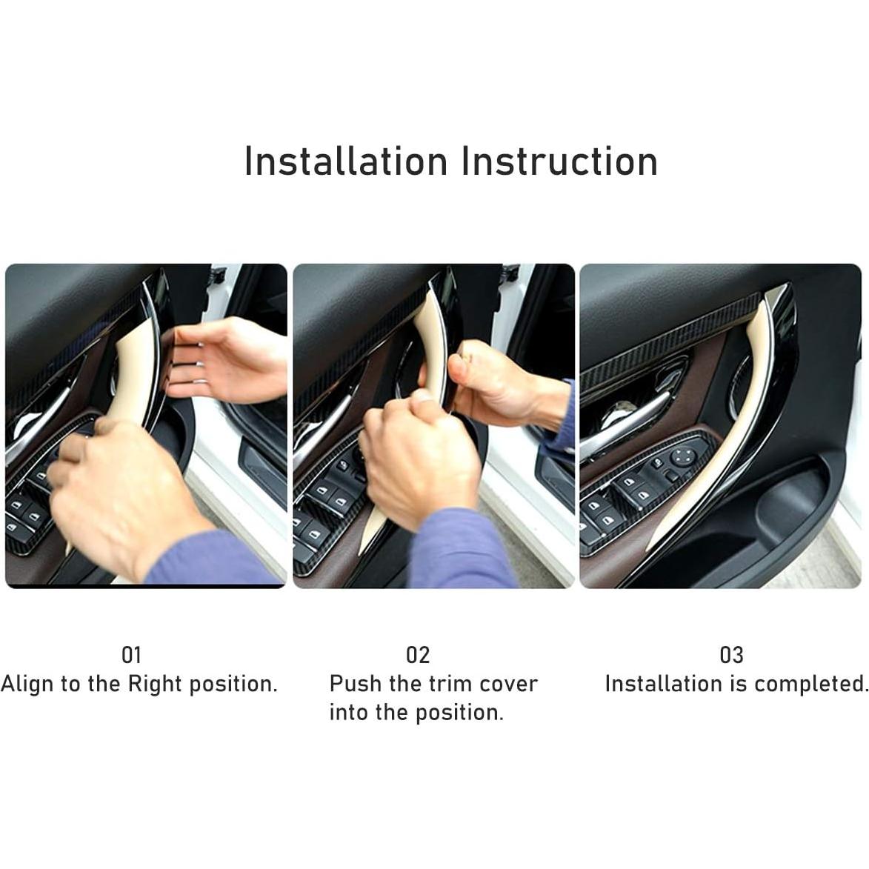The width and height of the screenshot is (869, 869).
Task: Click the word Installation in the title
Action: [346, 162]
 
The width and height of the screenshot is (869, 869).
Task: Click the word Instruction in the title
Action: [559, 162]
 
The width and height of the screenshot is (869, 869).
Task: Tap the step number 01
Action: [131, 655]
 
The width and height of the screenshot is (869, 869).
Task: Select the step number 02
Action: [418, 655]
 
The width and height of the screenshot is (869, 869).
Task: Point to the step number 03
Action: [731, 655]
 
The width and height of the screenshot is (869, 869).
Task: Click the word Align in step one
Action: [28, 684]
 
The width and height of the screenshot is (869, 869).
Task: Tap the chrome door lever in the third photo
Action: [630, 422]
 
